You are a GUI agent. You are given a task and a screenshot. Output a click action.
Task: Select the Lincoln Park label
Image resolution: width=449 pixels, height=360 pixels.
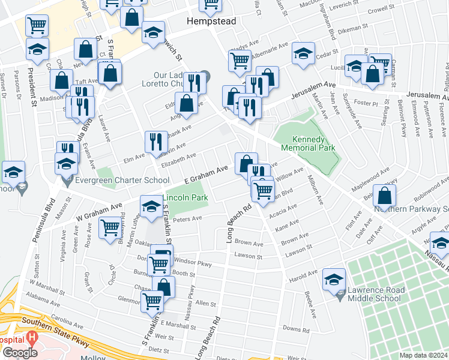tap(185, 197)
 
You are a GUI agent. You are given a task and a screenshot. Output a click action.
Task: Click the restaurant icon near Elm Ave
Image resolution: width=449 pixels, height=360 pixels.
tap(155, 142)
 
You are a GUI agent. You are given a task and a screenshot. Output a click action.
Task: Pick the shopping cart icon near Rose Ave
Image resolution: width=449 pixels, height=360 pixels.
tap(110, 228)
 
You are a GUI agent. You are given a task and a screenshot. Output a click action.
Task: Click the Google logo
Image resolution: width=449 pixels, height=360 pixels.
tap(19, 353)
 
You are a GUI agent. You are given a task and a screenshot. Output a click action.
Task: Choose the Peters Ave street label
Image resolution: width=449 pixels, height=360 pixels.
tap(187, 220)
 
